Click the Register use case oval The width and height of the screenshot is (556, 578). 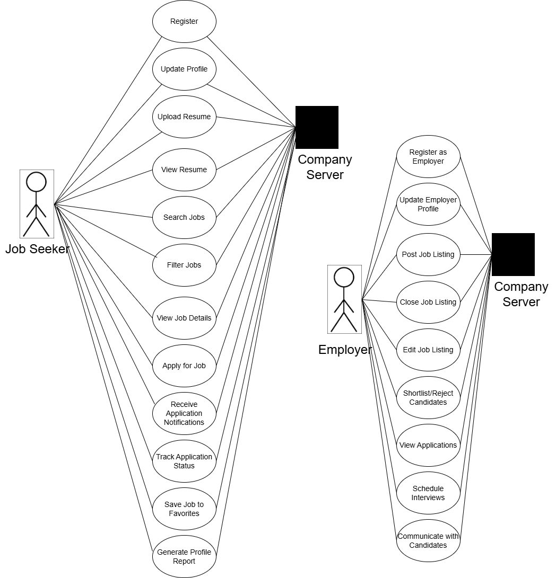tap(184, 22)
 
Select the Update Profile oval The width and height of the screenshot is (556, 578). tap(184, 69)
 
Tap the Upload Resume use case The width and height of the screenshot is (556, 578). tap(184, 117)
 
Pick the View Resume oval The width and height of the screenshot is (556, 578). tap(184, 170)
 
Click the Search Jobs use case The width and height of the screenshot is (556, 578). tap(184, 217)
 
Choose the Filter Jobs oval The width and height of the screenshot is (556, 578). tap(184, 265)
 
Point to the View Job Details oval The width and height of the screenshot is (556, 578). tap(184, 318)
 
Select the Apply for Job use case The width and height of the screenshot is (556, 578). tap(184, 366)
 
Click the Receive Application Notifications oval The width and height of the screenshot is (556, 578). tap(184, 413)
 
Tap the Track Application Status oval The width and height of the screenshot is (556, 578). tap(184, 461)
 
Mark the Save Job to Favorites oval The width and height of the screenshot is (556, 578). tap(184, 509)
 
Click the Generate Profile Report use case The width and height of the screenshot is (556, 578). tap(184, 556)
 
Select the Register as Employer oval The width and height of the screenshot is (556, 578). tap(428, 157)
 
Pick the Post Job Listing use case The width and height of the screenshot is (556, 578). tap(428, 254)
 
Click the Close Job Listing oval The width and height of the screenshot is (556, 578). tap(428, 302)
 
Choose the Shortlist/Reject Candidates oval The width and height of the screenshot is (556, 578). tap(428, 397)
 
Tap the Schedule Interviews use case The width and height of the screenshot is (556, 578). tap(428, 493)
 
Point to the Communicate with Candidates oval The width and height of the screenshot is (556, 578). tap(428, 540)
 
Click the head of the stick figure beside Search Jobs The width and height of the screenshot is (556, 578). tap(37, 182)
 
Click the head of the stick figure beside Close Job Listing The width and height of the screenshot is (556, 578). tap(344, 278)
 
